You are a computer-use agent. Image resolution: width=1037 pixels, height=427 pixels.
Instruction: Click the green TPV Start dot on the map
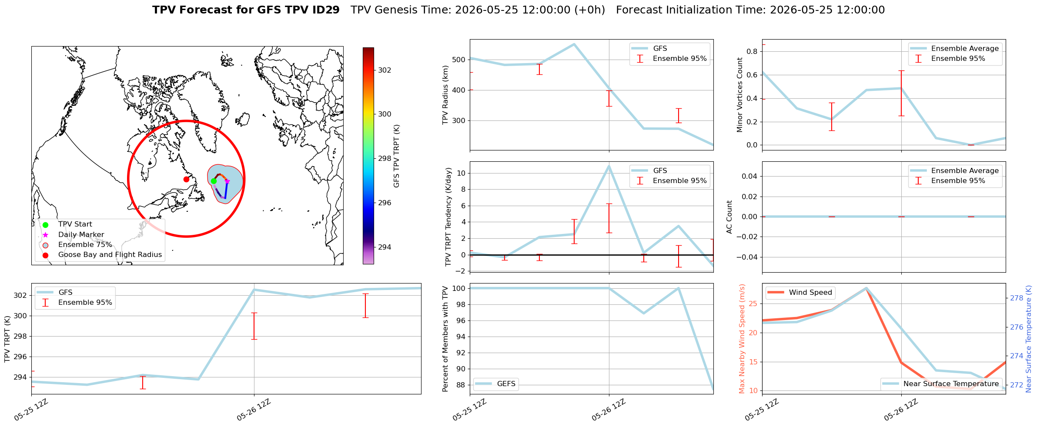[214, 181]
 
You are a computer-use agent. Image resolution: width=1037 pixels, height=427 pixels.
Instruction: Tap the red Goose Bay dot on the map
[186, 179]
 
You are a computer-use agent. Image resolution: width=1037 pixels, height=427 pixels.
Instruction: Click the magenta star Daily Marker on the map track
[227, 181]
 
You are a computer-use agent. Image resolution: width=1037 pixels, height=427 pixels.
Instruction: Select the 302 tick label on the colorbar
[385, 70]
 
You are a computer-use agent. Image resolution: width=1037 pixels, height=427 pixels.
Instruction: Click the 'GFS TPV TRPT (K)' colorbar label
[396, 156]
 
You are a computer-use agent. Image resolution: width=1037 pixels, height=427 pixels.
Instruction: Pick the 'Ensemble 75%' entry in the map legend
[85, 245]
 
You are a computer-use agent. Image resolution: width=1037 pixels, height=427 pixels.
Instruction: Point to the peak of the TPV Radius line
[574, 44]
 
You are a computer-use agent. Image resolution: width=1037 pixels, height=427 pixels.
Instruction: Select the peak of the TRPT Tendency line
[609, 166]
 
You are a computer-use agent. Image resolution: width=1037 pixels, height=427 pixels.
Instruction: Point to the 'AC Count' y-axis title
[729, 217]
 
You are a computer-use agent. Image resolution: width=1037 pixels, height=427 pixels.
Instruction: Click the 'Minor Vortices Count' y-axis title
[740, 95]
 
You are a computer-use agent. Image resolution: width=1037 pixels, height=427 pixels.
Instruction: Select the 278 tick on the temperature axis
[1017, 298]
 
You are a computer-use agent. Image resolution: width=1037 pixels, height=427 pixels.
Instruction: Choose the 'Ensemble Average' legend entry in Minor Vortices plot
[965, 49]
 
